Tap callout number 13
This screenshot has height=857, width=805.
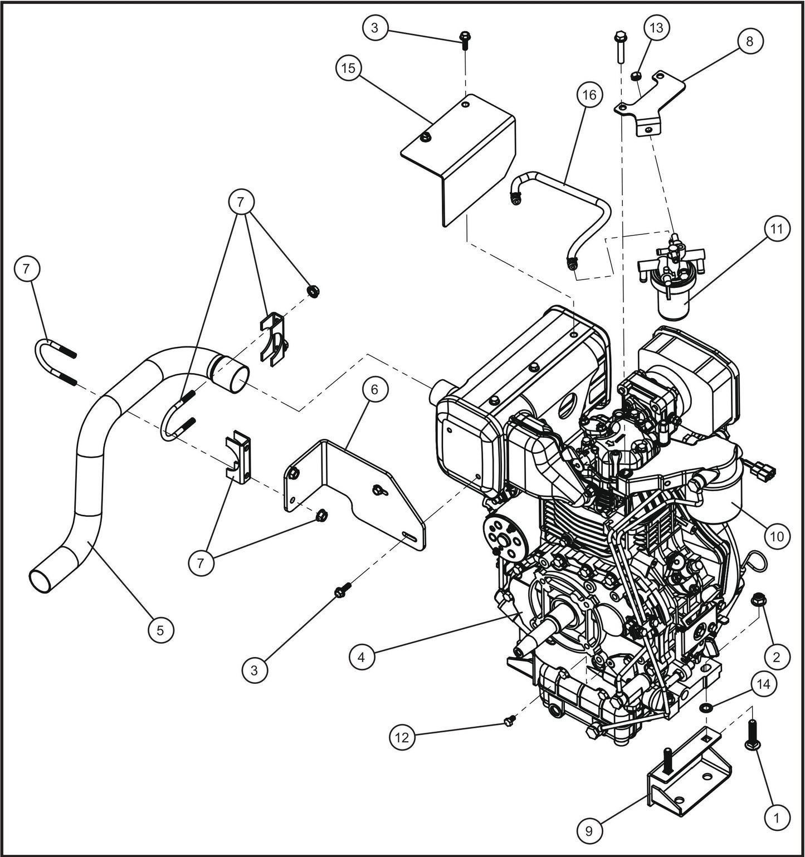tap(657, 27)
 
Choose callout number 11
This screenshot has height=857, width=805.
tap(777, 229)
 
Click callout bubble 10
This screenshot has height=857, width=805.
tap(777, 536)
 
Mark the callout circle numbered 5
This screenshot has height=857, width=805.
tap(160, 630)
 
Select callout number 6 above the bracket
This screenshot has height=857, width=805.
tap(374, 390)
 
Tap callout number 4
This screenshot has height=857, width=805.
tap(362, 657)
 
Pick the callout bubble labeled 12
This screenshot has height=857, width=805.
tap(402, 737)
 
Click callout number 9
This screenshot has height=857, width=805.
tap(590, 831)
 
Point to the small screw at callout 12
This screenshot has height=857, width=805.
tap(507, 722)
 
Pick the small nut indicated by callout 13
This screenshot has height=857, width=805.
tap(636, 76)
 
